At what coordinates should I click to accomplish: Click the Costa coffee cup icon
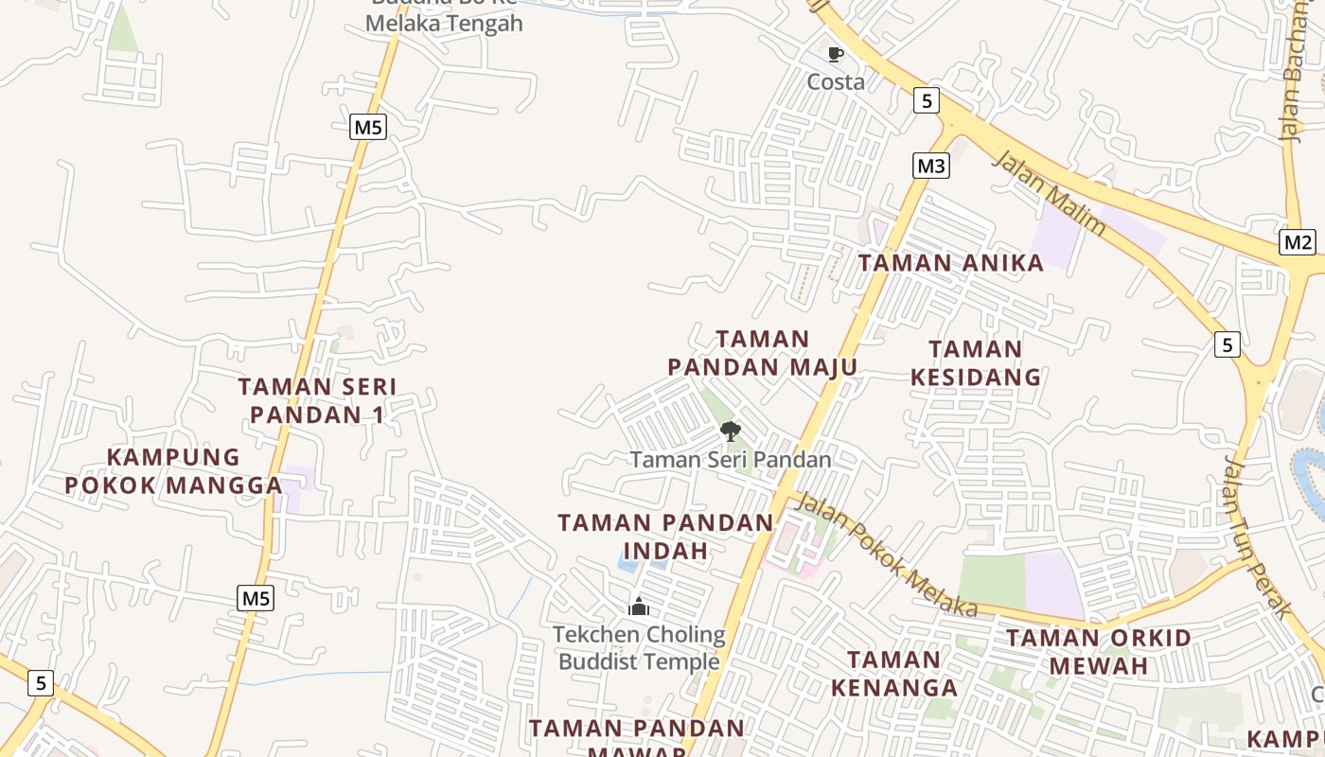[x=835, y=55]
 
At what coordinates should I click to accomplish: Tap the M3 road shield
[x=931, y=166]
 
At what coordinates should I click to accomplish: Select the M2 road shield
[x=1298, y=242]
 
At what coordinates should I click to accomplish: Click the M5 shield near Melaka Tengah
[x=368, y=127]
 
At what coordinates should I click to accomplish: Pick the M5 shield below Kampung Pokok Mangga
[x=256, y=598]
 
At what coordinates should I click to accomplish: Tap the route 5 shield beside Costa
[x=926, y=100]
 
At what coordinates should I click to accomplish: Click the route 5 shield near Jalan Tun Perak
[x=1227, y=345]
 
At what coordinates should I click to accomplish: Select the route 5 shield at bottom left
[x=40, y=682]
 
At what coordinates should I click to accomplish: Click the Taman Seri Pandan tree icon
[x=730, y=432]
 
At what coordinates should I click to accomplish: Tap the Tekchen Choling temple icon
[x=639, y=607]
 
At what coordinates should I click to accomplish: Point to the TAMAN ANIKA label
[x=950, y=263]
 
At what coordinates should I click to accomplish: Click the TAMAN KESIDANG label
[x=976, y=363]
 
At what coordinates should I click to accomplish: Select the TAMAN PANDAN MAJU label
[x=762, y=353]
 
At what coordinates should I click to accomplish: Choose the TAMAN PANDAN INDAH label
[x=665, y=537]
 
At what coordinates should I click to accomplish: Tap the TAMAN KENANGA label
[x=893, y=674]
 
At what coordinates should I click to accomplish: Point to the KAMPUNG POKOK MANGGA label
[x=173, y=471]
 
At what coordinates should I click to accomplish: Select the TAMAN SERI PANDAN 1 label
[x=317, y=400]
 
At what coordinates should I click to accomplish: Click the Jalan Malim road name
[x=1049, y=193]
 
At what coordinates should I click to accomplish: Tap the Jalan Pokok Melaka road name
[x=886, y=555]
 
